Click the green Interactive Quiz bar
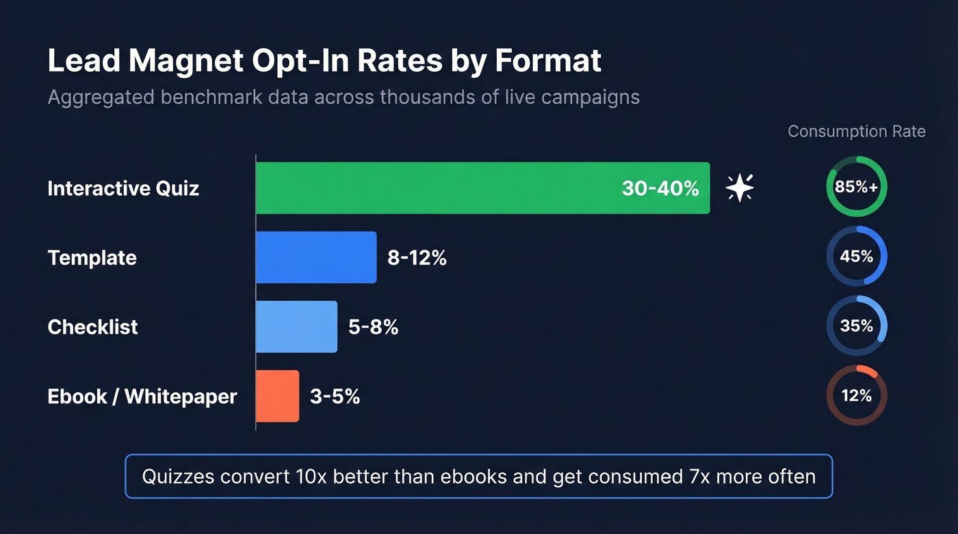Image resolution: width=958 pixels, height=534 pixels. pyautogui.click(x=438, y=188)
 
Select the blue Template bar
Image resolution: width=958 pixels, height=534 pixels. pyautogui.click(x=316, y=257)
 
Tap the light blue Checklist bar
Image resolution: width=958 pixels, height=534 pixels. pyautogui.click(x=296, y=327)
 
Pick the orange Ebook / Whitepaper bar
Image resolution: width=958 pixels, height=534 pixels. pyautogui.click(x=277, y=396)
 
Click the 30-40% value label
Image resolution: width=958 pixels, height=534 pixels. pyautogui.click(x=660, y=188)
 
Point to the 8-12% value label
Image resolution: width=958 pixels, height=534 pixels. pyautogui.click(x=417, y=258)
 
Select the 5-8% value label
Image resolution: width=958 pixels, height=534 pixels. pyautogui.click(x=373, y=327)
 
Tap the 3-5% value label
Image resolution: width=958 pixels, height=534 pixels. pyautogui.click(x=335, y=396)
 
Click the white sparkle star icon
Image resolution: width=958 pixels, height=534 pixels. pyautogui.click(x=740, y=187)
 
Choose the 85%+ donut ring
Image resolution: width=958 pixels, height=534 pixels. pyautogui.click(x=856, y=187)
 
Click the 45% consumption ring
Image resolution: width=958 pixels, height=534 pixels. pyautogui.click(x=856, y=256)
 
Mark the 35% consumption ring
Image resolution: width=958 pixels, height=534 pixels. pyautogui.click(x=856, y=326)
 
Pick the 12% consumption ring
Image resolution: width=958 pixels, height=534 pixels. pyautogui.click(x=856, y=396)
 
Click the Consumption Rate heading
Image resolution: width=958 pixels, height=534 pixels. pyautogui.click(x=856, y=131)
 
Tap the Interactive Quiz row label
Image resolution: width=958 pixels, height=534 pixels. pyautogui.click(x=123, y=188)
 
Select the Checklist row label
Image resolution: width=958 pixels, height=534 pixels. pyautogui.click(x=92, y=327)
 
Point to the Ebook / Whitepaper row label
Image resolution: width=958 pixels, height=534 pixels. pyautogui.click(x=142, y=396)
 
